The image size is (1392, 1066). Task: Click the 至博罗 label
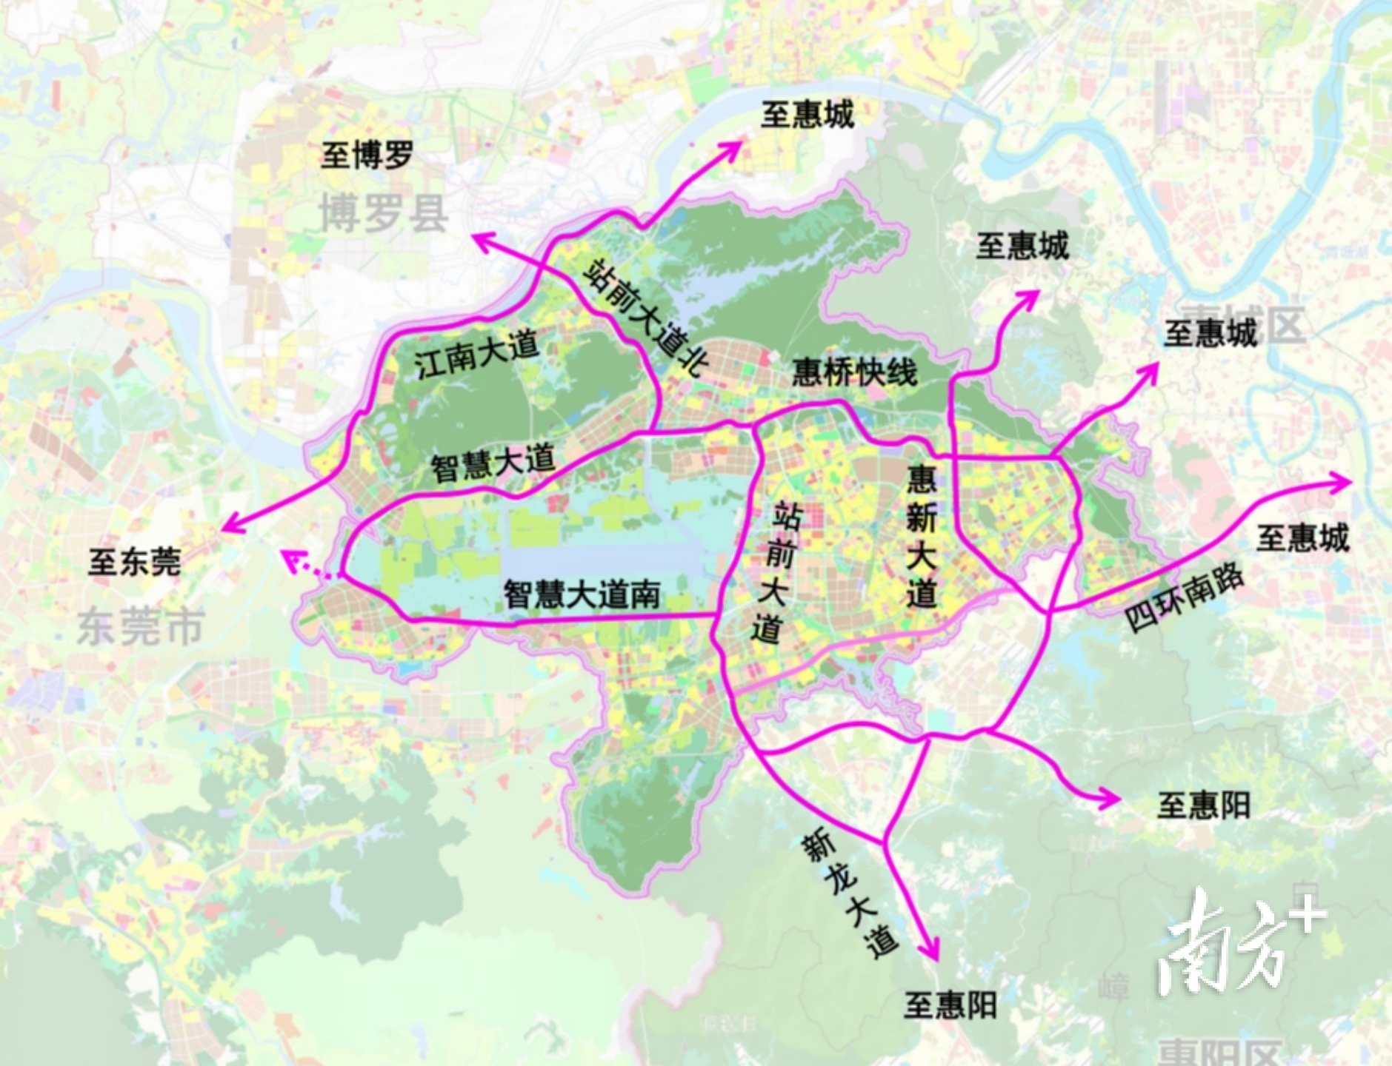[x=367, y=155]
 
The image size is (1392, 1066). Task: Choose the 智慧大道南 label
[x=582, y=594]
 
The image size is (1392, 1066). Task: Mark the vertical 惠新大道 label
[x=922, y=536]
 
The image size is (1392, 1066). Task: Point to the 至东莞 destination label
[x=135, y=562]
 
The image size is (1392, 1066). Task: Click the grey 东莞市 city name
[x=141, y=626]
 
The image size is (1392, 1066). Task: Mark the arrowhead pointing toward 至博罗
[x=482, y=239]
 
